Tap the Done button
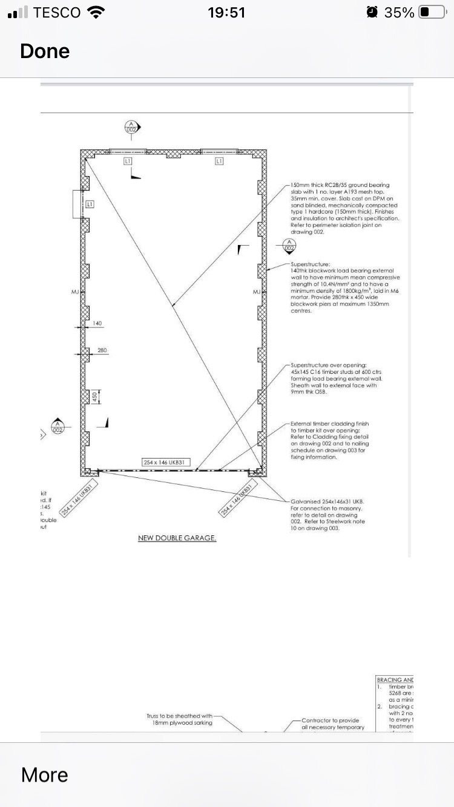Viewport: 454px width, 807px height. [x=45, y=51]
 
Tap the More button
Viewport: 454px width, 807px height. [x=44, y=774]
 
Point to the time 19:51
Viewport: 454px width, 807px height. [x=226, y=12]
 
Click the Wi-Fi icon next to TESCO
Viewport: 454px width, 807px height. [x=96, y=12]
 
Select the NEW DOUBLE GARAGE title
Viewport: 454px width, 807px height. [x=177, y=538]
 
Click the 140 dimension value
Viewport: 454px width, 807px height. [x=97, y=324]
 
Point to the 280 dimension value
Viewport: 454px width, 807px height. [x=102, y=350]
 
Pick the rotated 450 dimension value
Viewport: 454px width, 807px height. [x=94, y=397]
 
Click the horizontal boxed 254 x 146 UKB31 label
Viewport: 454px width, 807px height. [x=166, y=463]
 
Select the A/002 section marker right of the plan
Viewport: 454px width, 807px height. [x=289, y=246]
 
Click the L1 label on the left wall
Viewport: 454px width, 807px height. [x=90, y=204]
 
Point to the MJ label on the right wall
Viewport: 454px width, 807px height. [x=256, y=292]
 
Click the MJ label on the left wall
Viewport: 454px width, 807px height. [x=75, y=292]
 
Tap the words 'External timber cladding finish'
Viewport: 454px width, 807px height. [x=329, y=423]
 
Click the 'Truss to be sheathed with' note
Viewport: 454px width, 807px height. [x=179, y=716]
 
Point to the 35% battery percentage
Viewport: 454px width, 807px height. [x=400, y=12]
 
